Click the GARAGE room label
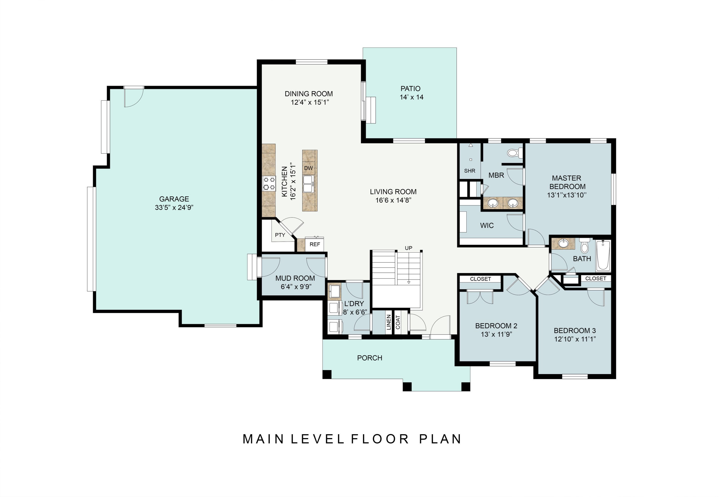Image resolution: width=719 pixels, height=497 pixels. (x=174, y=199)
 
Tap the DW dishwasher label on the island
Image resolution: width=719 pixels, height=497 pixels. (x=308, y=168)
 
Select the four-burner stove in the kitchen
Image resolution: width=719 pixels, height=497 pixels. (x=269, y=183)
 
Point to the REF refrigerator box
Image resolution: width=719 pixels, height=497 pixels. (x=315, y=244)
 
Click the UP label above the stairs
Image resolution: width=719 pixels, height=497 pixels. (x=408, y=248)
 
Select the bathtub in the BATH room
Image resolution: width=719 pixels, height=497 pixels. (x=603, y=255)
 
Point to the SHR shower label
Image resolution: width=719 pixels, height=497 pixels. (x=470, y=171)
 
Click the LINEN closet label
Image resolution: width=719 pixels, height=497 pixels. (x=389, y=322)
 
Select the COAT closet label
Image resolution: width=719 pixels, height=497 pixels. (x=398, y=322)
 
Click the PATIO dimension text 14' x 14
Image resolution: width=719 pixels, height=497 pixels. (x=412, y=97)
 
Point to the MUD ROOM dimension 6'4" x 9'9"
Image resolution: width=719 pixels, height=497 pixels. (x=296, y=287)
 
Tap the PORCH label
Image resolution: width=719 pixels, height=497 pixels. (x=370, y=358)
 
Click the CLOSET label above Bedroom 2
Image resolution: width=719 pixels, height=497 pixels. (x=481, y=279)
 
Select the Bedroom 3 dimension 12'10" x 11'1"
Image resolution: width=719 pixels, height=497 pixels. (x=575, y=339)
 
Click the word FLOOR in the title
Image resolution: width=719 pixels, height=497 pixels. (x=380, y=439)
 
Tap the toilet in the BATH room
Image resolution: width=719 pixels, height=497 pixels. (x=584, y=246)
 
